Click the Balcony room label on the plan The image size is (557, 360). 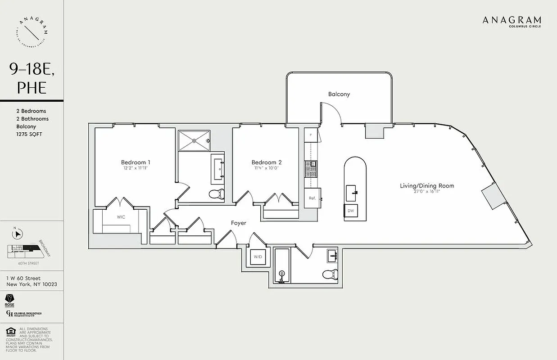click(339, 94)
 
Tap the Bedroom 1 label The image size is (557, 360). click(136, 162)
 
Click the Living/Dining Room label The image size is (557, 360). click(427, 185)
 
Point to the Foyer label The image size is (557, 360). click(239, 223)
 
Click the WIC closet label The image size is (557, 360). click(121, 217)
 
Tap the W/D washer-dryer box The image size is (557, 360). click(258, 257)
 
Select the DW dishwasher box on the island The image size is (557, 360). click(351, 211)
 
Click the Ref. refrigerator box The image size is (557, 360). click(312, 198)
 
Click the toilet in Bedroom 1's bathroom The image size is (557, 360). click(217, 194)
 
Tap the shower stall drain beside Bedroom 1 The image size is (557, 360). click(194, 140)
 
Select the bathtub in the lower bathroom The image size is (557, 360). click(282, 265)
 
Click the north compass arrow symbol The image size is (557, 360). click(18, 234)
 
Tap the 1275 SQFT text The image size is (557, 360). click(29, 134)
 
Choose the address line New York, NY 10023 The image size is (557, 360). click(32, 284)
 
